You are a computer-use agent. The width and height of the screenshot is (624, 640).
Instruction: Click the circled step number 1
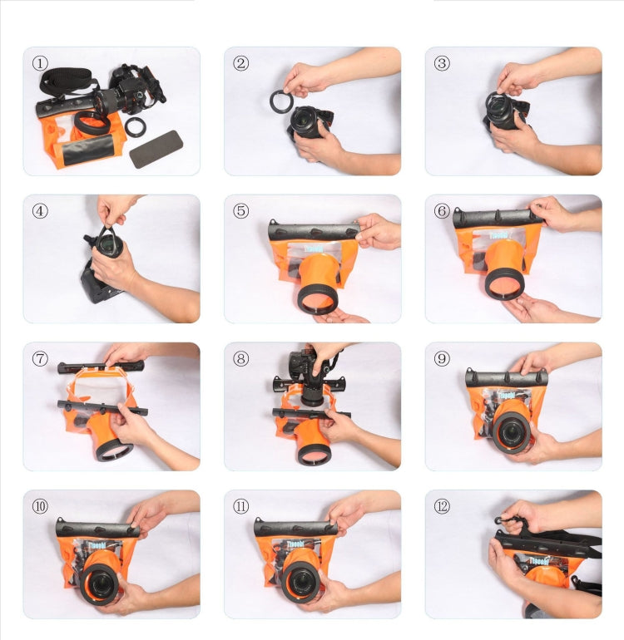point(40,63)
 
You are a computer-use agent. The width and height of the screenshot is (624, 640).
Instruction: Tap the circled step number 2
point(240,63)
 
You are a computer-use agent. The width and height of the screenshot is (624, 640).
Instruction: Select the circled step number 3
point(442,63)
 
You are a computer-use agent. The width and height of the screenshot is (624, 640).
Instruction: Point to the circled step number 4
point(40,211)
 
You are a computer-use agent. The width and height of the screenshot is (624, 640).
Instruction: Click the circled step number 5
point(240,211)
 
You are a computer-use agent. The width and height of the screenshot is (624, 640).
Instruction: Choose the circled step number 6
point(442,211)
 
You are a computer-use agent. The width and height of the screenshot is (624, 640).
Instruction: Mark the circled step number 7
point(40,359)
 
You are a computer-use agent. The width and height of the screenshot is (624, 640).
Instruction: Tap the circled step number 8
point(240,359)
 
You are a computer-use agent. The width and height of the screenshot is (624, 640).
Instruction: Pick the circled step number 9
point(442,359)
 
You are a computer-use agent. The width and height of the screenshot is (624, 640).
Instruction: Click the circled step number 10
point(40,506)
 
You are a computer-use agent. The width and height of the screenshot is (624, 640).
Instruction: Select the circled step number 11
point(240,506)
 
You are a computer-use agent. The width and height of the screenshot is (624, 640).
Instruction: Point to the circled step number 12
point(442,506)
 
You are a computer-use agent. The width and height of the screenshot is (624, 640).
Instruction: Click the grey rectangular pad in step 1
point(156,148)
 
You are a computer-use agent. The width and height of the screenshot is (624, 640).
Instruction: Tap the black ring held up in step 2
point(280,101)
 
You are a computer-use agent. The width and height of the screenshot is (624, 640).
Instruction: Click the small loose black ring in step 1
point(135,126)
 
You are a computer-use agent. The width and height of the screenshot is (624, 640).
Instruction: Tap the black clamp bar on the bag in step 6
point(497,219)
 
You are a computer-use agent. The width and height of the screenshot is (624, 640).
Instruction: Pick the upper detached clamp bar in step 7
point(100,367)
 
